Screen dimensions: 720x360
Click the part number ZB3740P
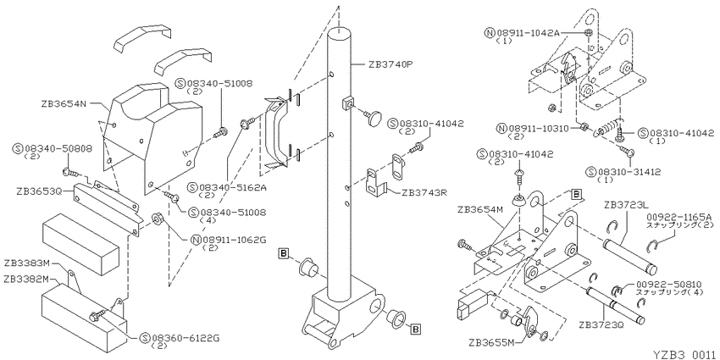(388, 64)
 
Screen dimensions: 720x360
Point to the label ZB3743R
(424, 193)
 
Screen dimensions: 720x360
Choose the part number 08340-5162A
(226, 187)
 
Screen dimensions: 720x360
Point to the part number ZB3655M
(489, 342)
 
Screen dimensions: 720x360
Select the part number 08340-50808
(59, 149)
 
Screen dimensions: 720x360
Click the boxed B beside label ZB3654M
(575, 194)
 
